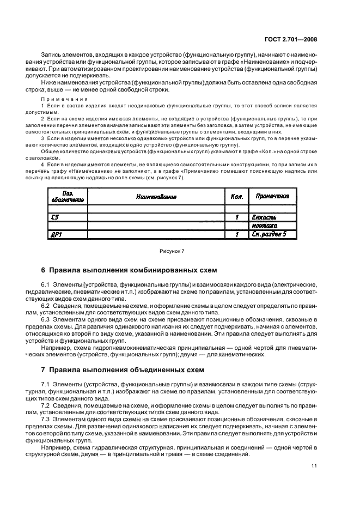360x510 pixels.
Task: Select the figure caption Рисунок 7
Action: click(172, 251)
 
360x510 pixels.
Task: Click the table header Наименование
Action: click(156, 196)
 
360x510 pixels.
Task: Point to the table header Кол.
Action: click(236, 196)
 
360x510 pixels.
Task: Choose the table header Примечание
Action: click(272, 196)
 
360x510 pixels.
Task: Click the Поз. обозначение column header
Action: click(68, 196)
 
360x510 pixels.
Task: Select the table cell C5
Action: click(56, 217)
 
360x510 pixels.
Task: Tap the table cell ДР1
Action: click(57, 235)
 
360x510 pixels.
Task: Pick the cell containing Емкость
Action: click(265, 217)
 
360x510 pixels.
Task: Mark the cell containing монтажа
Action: click(265, 226)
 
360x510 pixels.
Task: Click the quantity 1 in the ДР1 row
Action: click(237, 235)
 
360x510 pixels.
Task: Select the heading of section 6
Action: click(129, 270)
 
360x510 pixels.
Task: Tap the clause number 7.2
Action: click(47, 405)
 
